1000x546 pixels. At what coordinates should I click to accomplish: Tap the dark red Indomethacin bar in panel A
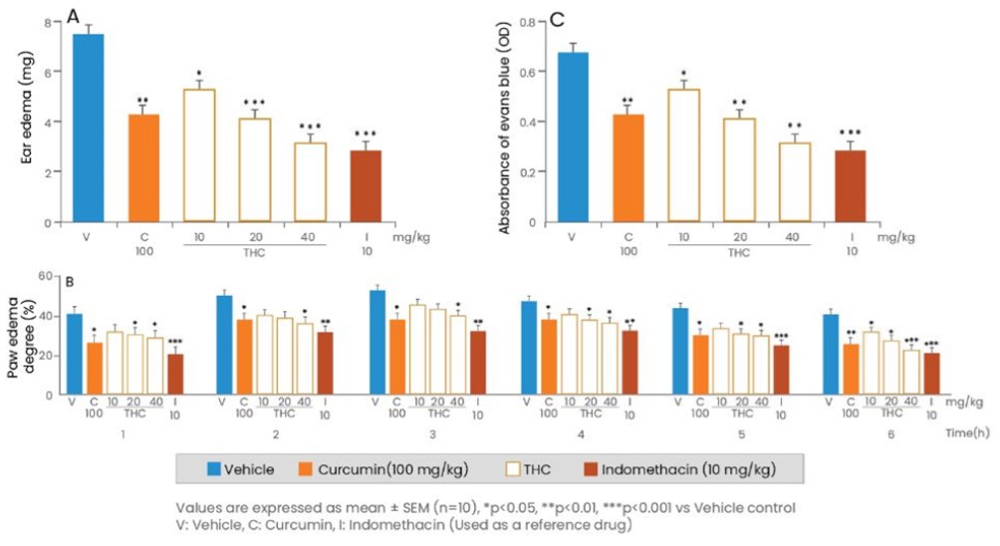coord(367,185)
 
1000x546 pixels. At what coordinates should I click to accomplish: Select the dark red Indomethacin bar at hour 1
coord(176,375)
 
